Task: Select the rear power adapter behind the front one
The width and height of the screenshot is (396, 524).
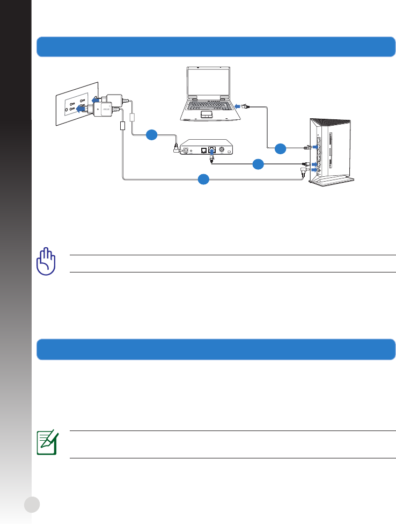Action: [116, 100]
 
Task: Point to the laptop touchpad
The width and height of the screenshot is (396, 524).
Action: [206, 114]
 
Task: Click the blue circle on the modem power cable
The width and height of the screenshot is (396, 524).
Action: [151, 135]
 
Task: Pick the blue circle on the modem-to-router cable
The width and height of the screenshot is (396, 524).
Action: [258, 163]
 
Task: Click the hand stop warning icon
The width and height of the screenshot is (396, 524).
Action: [46, 262]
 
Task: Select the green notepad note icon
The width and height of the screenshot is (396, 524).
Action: [47, 443]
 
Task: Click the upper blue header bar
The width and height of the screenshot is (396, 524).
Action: [216, 47]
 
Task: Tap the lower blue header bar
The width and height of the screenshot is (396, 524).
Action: [216, 349]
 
